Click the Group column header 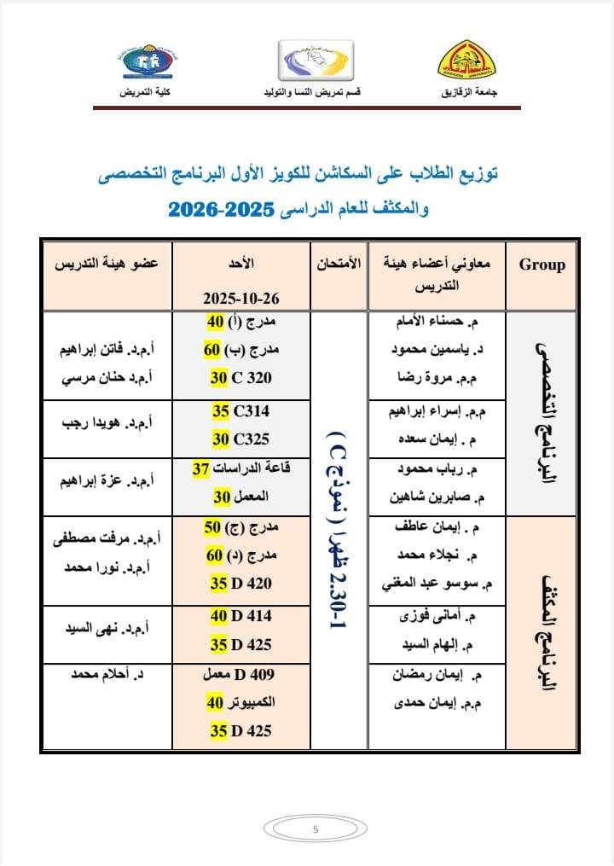coord(542,264)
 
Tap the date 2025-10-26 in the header coord(241,299)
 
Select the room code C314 coord(251,411)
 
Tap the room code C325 coord(251,439)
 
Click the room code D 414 coord(251,614)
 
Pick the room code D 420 coord(251,584)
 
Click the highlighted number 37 coord(201,468)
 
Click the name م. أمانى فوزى coord(443,615)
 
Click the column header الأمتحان coord(338,264)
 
